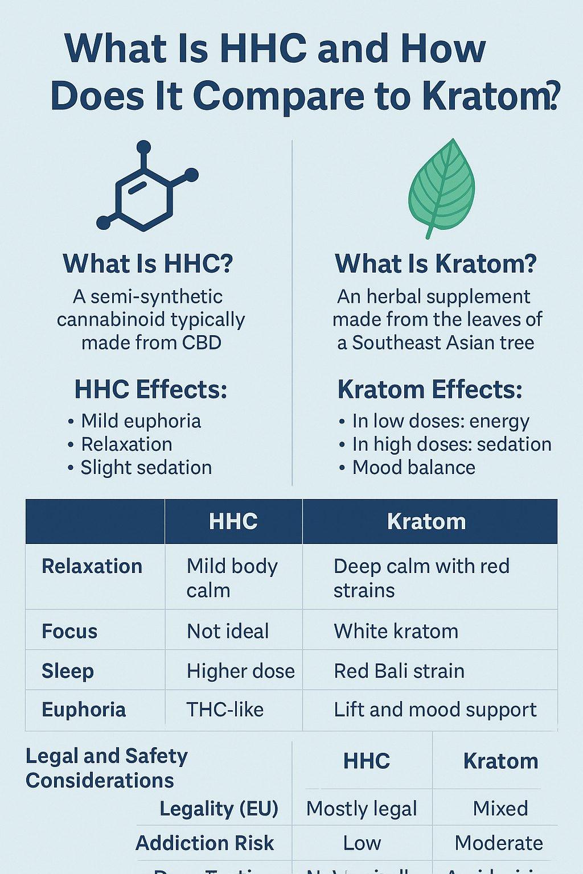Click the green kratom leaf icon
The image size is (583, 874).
point(441,188)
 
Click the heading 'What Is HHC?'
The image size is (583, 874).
point(148,264)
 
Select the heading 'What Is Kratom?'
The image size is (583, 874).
point(436,264)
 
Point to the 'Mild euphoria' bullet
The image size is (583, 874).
point(141,421)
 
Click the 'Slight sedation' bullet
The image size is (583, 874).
point(146,468)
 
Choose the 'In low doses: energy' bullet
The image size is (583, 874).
point(440,421)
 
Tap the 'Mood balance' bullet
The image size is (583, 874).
point(413,468)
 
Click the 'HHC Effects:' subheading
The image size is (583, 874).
point(151,390)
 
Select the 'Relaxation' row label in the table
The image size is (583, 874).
point(92,567)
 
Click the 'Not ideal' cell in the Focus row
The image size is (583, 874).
point(228,631)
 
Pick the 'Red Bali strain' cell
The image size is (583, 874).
point(399,671)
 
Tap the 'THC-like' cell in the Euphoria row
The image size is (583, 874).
point(225,710)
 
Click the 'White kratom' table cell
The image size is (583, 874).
point(396,631)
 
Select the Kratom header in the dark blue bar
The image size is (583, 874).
point(426,522)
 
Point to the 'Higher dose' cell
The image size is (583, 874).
point(240,671)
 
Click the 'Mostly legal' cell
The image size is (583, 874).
point(362,809)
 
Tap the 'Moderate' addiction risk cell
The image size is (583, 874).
point(499,843)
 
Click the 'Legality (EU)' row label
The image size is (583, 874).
point(219,809)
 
